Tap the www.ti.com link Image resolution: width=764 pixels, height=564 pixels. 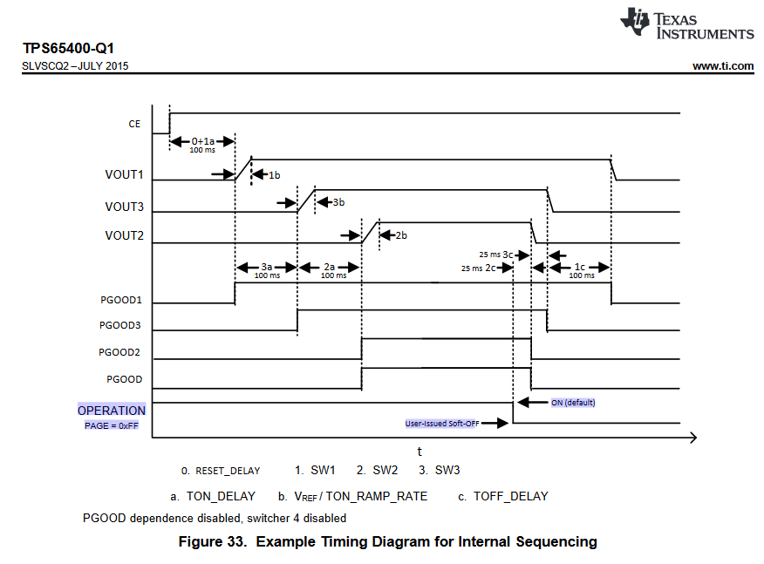pos(723,65)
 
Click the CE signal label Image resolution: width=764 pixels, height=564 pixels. pos(134,124)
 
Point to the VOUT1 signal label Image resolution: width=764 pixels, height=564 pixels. pos(124,174)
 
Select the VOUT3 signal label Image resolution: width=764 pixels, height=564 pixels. pos(124,207)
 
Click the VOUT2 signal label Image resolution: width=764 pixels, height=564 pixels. pos(124,235)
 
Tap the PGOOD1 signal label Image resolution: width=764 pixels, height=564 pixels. pos(121,301)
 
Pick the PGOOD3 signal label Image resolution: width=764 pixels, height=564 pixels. pos(121,327)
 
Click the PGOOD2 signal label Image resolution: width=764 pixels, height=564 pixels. pos(121,353)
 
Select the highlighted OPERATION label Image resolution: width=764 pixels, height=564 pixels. pos(112,411)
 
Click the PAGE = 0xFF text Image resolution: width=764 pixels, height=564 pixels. pos(112,425)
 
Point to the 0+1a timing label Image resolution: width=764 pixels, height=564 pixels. pos(202,141)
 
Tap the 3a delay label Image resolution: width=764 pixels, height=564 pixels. pos(267,267)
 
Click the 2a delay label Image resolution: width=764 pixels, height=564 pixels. pos(330,267)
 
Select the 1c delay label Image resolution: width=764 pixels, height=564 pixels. pos(580,267)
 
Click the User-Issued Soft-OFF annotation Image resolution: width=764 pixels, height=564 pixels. pos(443,423)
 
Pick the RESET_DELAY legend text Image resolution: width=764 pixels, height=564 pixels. pos(228,471)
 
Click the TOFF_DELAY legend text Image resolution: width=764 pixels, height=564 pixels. pos(510,496)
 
